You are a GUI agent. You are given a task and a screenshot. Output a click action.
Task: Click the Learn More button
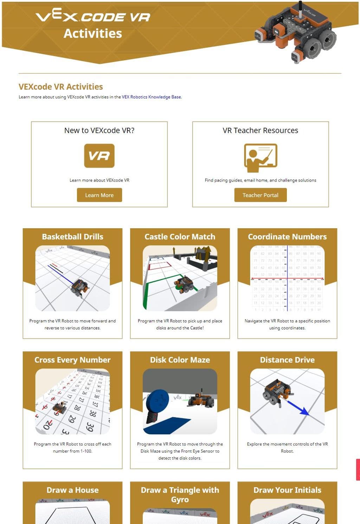[99, 195]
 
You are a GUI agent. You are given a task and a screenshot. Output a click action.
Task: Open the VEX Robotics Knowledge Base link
[152, 97]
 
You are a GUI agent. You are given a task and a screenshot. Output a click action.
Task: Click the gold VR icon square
[99, 155]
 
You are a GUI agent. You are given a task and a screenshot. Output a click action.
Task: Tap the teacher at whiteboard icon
[261, 158]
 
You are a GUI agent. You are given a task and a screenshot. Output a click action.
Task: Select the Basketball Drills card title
[72, 237]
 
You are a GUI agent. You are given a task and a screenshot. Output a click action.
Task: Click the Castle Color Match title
[180, 237]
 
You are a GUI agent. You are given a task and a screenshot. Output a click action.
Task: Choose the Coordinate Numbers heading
[287, 237]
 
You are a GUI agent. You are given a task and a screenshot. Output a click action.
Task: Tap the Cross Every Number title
[72, 360]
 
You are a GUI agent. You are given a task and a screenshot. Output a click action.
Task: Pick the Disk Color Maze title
[180, 360]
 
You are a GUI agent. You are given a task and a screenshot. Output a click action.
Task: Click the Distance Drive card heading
[287, 360]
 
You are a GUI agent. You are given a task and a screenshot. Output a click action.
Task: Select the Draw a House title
[72, 490]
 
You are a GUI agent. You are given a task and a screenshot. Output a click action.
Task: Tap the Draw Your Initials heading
[287, 490]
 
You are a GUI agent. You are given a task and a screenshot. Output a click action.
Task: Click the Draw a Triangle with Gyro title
[180, 494]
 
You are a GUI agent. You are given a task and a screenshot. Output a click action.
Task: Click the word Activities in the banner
[93, 33]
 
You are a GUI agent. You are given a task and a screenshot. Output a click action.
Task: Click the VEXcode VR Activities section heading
[61, 87]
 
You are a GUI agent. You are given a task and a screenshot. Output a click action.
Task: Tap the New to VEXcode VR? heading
[99, 130]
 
